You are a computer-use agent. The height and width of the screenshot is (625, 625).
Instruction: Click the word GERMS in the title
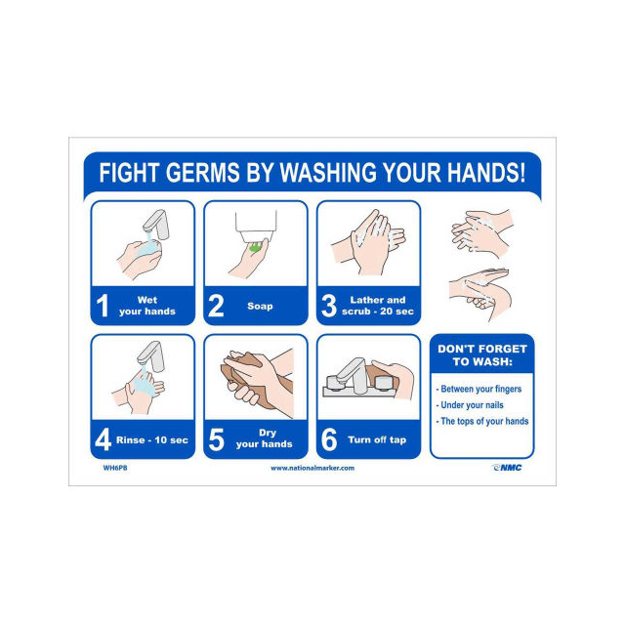point(202,173)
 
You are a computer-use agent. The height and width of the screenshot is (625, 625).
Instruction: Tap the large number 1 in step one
point(103,306)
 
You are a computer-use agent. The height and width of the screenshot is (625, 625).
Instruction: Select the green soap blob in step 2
point(254,247)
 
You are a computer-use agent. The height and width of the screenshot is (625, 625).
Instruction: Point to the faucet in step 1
point(156,225)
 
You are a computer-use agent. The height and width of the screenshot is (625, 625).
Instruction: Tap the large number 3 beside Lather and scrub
point(329,306)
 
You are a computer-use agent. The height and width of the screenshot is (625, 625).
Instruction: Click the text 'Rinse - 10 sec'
point(152,440)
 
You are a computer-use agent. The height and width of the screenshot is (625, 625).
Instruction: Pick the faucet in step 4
point(151,355)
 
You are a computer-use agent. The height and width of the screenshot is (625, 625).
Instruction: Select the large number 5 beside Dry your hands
point(216,439)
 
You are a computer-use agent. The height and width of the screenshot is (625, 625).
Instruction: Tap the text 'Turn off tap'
point(377,439)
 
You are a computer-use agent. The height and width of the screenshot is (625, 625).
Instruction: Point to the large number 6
point(329,439)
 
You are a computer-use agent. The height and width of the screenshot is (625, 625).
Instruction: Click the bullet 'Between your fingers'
point(479,389)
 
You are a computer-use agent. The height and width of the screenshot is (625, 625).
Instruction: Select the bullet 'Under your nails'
point(470,405)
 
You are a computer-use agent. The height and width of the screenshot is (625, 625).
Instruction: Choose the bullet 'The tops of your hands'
point(482,421)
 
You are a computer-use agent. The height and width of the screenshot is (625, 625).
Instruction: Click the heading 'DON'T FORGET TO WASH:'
point(482,355)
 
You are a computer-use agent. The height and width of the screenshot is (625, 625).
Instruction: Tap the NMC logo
point(507,468)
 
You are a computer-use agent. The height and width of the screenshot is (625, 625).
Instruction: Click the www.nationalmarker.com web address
point(312,468)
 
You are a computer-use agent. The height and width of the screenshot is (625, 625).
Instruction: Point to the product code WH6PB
point(115,468)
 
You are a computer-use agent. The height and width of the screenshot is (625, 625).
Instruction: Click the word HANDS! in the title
point(486,173)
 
